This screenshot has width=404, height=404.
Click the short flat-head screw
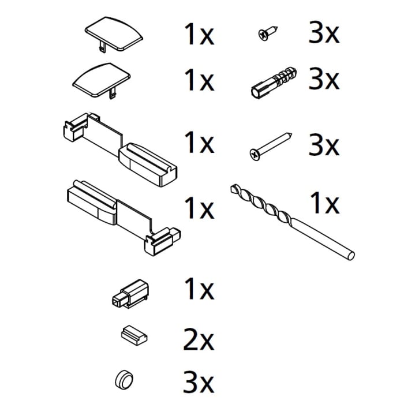pyautogui.click(x=268, y=33)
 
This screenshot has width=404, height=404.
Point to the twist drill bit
pyautogui.click(x=292, y=222)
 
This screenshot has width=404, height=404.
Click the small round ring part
pyautogui.click(x=124, y=379)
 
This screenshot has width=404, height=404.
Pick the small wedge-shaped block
pyautogui.click(x=134, y=335)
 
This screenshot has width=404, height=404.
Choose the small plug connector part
pyautogui.click(x=130, y=293)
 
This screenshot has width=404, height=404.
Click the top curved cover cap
pyautogui.click(x=114, y=35)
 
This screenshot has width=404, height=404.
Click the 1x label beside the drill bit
pyautogui.click(x=325, y=203)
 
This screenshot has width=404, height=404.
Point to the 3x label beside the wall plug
pyautogui.click(x=324, y=78)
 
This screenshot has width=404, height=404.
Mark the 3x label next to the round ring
pyautogui.click(x=199, y=381)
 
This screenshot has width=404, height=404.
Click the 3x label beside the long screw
pyautogui.click(x=324, y=145)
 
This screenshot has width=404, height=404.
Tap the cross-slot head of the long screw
pyautogui.click(x=255, y=155)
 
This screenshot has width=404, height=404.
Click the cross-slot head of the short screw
pyautogui.click(x=263, y=36)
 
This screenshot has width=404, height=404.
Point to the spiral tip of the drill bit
pyautogui.click(x=234, y=188)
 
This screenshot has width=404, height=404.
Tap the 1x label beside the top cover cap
pyautogui.click(x=199, y=34)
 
